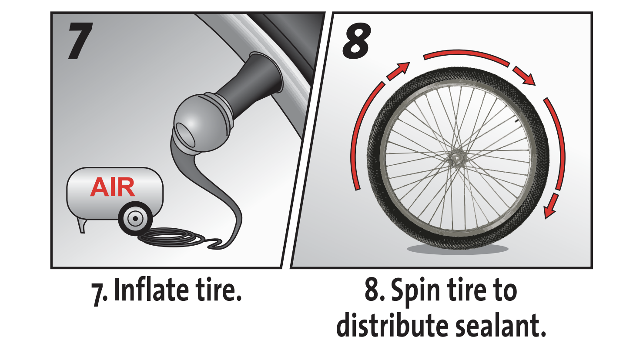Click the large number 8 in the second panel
click(x=357, y=41)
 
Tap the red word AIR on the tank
click(x=113, y=187)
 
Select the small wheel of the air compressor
click(x=135, y=219)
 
